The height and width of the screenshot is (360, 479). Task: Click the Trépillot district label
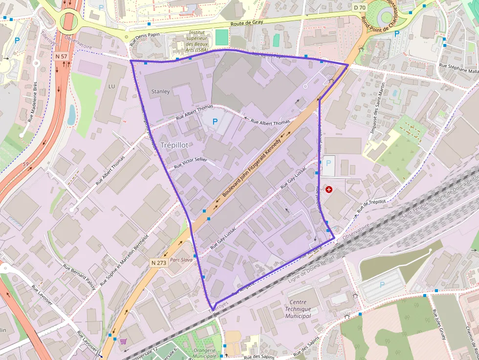(x=174, y=145)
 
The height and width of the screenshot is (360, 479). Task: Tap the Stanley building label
(x=160, y=91)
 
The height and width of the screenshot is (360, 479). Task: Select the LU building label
(x=111, y=86)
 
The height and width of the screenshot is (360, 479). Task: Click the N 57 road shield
(x=61, y=56)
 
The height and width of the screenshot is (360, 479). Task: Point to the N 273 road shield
(x=159, y=263)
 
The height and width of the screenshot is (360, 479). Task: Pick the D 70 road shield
(x=359, y=7)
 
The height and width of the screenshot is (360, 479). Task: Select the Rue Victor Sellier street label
(x=191, y=163)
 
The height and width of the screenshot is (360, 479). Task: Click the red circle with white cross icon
(x=328, y=189)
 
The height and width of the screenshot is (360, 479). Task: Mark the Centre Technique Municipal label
(x=298, y=309)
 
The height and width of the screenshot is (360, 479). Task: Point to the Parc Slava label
(x=181, y=260)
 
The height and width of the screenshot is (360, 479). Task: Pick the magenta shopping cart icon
(x=123, y=341)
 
